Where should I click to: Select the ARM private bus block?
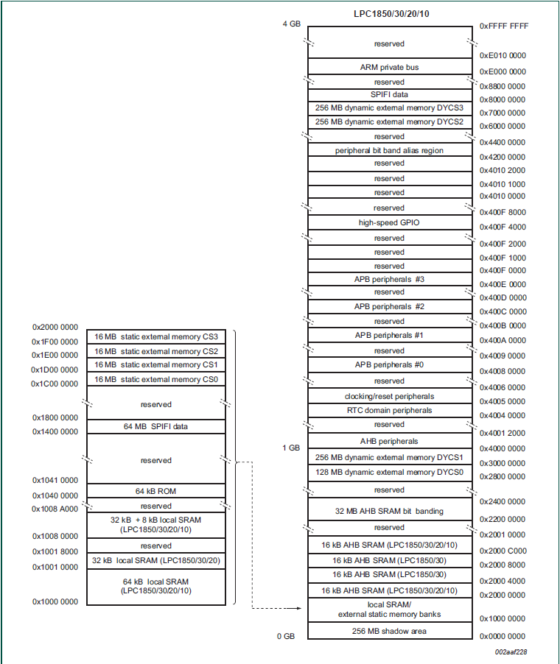(389, 67)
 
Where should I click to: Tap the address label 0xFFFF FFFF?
(503, 26)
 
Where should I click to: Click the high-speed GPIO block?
(389, 222)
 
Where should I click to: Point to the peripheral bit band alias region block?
(389, 150)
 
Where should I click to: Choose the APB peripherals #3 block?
(389, 279)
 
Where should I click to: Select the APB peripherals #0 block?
(389, 365)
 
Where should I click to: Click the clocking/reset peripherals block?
(389, 396)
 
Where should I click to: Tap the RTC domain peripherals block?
(389, 410)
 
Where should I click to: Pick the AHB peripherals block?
(389, 441)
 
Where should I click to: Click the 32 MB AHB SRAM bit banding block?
(389, 511)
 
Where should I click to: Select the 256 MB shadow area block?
(389, 631)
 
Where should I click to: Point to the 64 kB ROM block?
(155, 491)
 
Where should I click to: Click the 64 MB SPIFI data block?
(155, 427)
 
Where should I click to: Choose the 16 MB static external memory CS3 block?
(155, 337)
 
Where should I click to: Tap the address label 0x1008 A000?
(55, 509)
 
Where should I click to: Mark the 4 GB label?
(292, 24)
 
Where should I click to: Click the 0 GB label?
(287, 636)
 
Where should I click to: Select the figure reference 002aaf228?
(510, 651)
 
